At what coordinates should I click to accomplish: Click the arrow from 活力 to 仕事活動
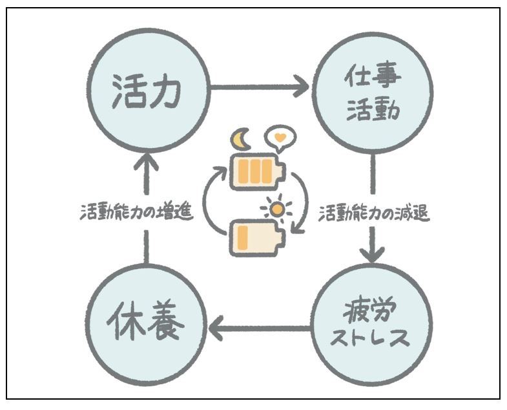click(258, 85)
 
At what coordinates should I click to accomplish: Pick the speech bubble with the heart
click(279, 137)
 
